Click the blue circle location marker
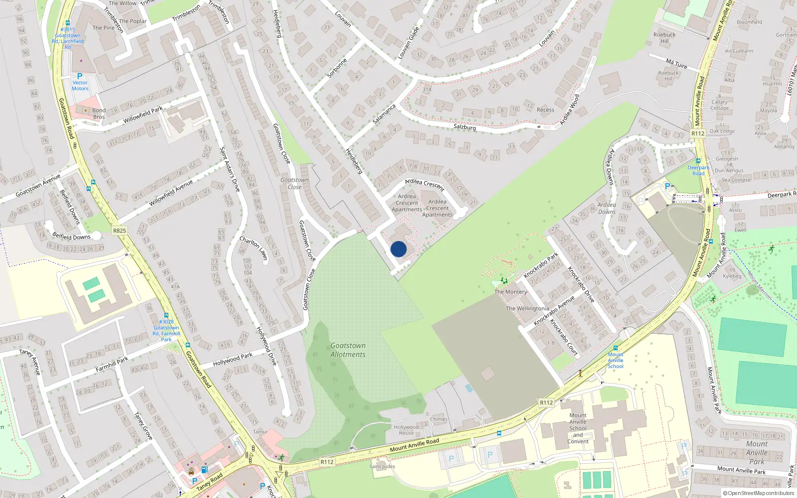coord(398,249)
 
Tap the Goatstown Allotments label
coord(348,350)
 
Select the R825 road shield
coord(120,231)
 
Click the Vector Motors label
coord(80,86)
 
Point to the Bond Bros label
coord(99,114)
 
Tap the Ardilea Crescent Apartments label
coord(406,203)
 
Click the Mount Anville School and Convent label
coord(578,428)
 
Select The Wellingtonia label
coord(527,309)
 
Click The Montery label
coord(511,292)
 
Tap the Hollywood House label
coord(406,430)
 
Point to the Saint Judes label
coord(382,467)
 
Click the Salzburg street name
coord(464,127)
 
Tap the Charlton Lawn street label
coord(254,248)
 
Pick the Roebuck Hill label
coord(664,38)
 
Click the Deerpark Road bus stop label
coord(698,170)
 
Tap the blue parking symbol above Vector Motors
coord(79,76)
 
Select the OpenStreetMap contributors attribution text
coord(759,494)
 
